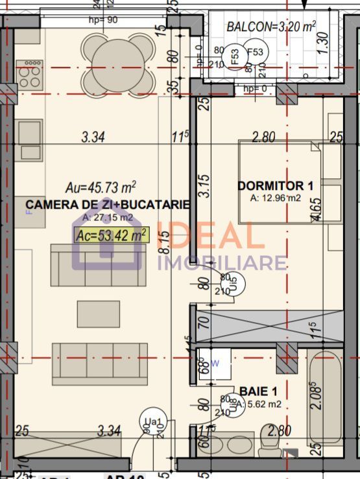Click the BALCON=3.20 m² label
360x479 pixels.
click(270, 27)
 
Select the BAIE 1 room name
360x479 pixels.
click(259, 391)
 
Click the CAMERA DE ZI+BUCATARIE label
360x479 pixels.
click(108, 205)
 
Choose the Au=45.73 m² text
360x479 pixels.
click(101, 187)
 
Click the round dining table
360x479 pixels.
click(119, 64)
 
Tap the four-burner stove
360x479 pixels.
click(29, 74)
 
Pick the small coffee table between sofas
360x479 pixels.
click(99, 314)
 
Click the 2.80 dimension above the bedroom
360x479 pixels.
click(264, 137)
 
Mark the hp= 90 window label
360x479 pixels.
click(103, 19)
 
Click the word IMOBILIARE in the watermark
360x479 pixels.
click(222, 262)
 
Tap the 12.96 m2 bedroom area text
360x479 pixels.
click(276, 198)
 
